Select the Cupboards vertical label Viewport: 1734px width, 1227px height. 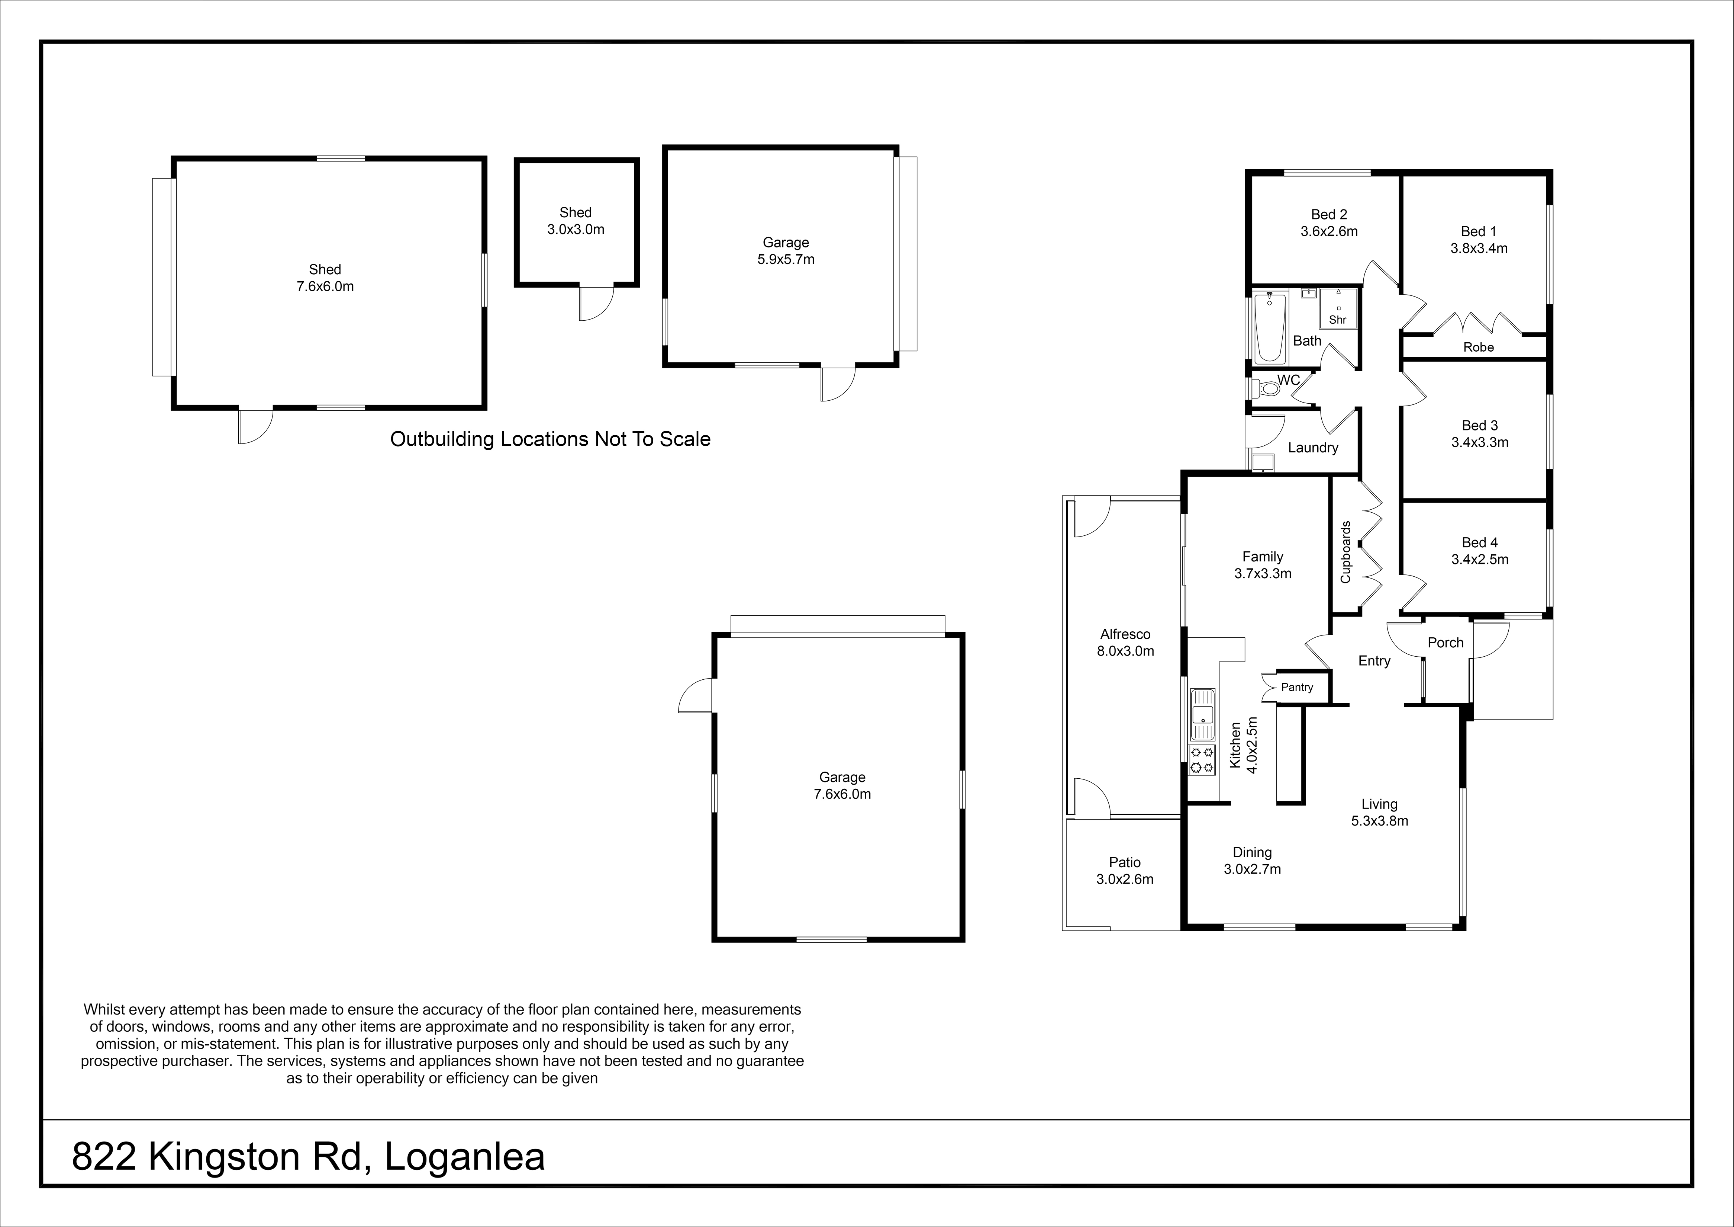coord(1345,552)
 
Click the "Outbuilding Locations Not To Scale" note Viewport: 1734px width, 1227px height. coord(550,439)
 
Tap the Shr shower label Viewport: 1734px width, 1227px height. coord(1338,320)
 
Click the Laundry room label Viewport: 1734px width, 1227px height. coord(1313,447)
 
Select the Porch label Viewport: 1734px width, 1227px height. coord(1445,643)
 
